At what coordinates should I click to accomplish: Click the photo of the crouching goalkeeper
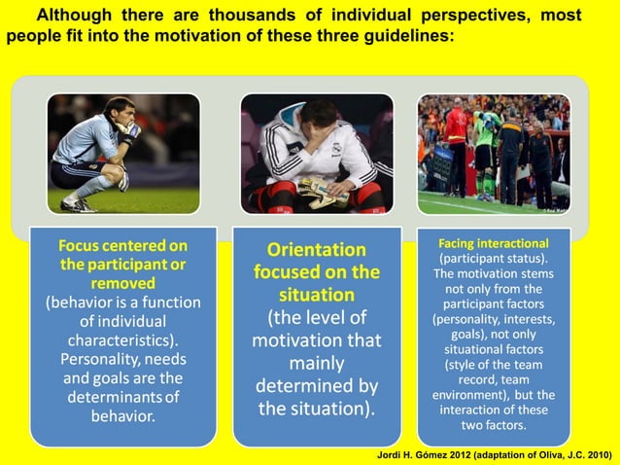(x=123, y=153)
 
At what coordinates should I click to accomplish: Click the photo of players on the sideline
(x=494, y=153)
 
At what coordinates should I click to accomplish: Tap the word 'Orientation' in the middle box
(x=317, y=249)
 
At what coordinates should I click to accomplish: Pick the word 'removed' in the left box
(x=123, y=282)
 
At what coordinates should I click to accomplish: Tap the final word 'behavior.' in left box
(x=123, y=416)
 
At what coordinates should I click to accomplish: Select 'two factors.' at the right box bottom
(x=493, y=425)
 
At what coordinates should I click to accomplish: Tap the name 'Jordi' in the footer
(x=391, y=453)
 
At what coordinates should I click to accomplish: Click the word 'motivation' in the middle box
(x=317, y=341)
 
